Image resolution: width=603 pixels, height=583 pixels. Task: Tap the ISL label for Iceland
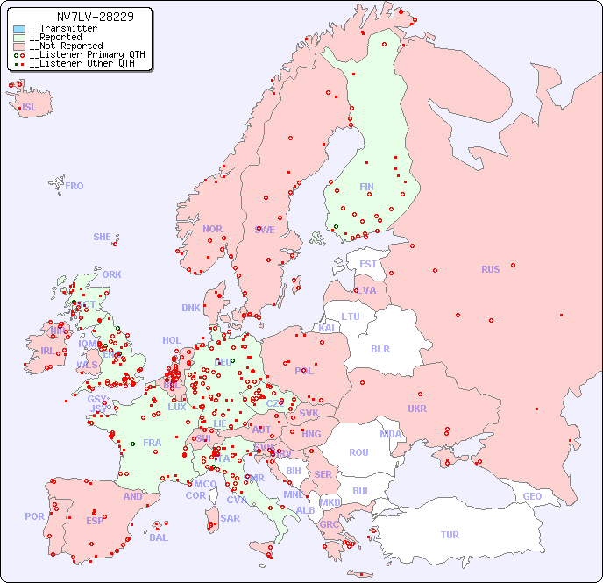click(x=30, y=108)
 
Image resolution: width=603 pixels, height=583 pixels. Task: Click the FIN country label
click(x=366, y=187)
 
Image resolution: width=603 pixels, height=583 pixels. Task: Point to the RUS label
click(x=490, y=269)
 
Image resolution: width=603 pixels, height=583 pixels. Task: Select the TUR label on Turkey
click(x=450, y=535)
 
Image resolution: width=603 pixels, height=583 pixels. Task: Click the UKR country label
click(x=417, y=409)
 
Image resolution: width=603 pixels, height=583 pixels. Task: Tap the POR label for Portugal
click(x=34, y=516)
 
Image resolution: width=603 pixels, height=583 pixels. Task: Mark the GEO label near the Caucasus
click(x=532, y=496)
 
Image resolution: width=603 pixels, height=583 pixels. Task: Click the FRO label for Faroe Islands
click(x=74, y=186)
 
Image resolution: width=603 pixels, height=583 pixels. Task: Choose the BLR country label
click(x=380, y=348)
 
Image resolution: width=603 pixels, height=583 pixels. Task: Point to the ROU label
click(x=358, y=452)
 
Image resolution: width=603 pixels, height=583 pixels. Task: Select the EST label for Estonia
click(x=368, y=264)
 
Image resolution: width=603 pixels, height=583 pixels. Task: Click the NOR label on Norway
click(x=212, y=229)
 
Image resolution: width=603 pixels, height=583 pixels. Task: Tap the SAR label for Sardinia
click(x=231, y=518)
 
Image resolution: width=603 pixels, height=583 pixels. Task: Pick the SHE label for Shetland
click(x=103, y=237)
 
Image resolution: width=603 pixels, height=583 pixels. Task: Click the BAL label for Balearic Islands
click(x=159, y=537)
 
